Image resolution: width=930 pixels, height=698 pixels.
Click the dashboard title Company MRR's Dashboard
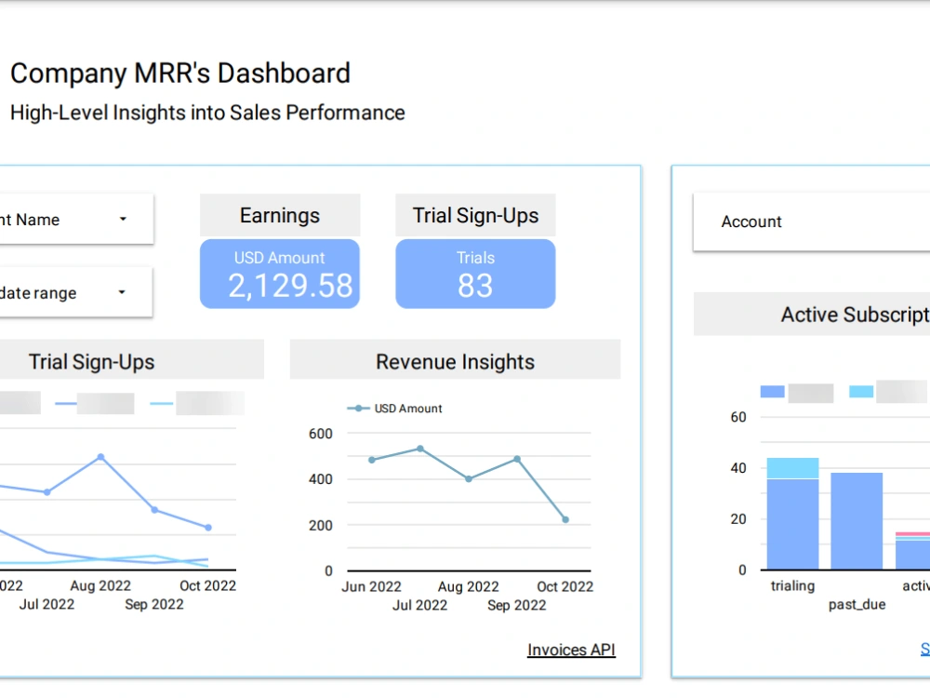(x=180, y=74)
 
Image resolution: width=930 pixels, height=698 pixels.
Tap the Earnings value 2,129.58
(x=290, y=286)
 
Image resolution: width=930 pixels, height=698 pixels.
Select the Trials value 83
(x=475, y=286)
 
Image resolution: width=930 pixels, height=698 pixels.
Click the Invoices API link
(x=571, y=650)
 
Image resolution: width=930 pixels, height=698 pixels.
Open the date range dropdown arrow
(x=122, y=292)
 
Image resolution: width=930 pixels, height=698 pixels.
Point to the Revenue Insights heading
(x=455, y=362)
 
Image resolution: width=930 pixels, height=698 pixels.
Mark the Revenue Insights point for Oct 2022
(x=565, y=519)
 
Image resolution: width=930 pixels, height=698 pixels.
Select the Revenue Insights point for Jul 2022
(x=420, y=449)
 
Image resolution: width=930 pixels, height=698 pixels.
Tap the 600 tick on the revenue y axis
(x=321, y=434)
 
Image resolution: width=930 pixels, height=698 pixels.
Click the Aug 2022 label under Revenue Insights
(x=469, y=586)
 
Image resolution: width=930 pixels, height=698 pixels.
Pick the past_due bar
(x=857, y=521)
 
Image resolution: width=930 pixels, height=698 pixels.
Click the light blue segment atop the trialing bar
(x=792, y=468)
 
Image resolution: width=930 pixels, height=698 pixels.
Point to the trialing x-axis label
(x=792, y=586)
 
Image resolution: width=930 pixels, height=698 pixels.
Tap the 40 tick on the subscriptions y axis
(x=738, y=468)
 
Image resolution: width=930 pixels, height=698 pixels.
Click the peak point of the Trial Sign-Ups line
(x=100, y=457)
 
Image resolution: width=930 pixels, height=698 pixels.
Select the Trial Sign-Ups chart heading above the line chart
(x=92, y=362)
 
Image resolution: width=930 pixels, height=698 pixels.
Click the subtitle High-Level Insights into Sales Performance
(x=207, y=113)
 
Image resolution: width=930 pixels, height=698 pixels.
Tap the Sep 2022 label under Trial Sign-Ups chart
(x=154, y=605)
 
